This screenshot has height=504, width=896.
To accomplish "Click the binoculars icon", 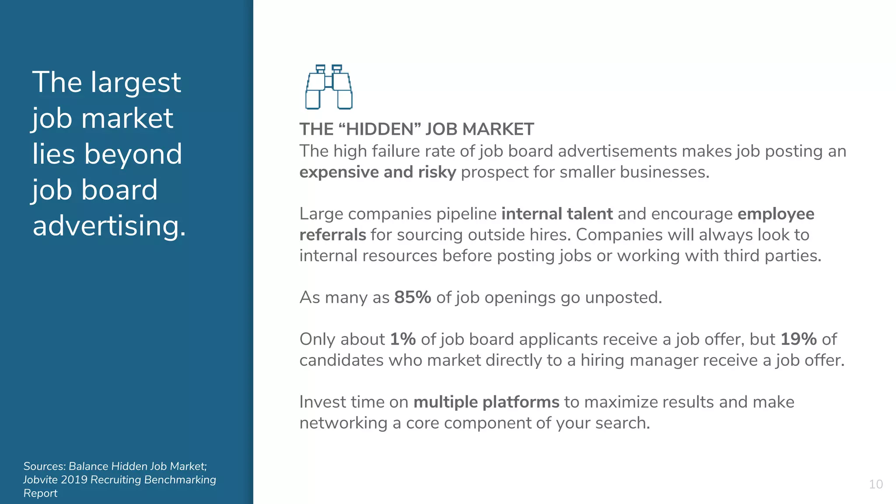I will (x=329, y=87).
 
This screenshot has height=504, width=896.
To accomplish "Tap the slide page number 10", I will (x=875, y=484).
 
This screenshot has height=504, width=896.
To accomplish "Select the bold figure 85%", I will (x=413, y=297).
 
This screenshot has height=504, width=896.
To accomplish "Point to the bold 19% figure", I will (x=798, y=339).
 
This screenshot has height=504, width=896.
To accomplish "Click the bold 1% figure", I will (x=402, y=339).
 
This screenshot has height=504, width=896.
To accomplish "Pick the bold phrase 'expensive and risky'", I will (x=378, y=172).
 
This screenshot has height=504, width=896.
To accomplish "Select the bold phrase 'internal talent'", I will (x=556, y=214).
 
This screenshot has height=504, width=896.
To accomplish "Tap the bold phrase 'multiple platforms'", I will (x=486, y=402).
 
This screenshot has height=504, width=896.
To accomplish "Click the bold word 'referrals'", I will (x=332, y=235).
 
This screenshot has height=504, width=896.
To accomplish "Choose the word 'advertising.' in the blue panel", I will (x=109, y=226).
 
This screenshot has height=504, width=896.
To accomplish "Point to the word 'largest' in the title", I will (x=135, y=83).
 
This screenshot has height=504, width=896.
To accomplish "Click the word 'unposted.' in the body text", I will (x=623, y=297).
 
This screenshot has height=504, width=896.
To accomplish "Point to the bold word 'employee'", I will (x=776, y=214).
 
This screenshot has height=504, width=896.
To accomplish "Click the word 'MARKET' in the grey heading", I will (x=498, y=129).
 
